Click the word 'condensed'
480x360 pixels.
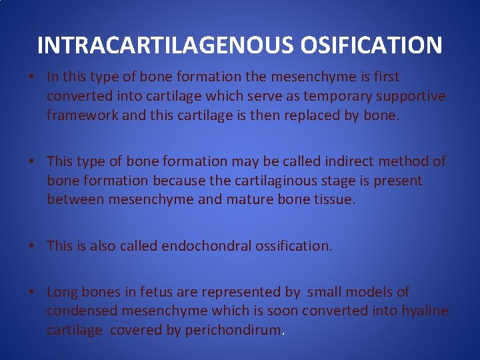(x=78, y=311)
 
